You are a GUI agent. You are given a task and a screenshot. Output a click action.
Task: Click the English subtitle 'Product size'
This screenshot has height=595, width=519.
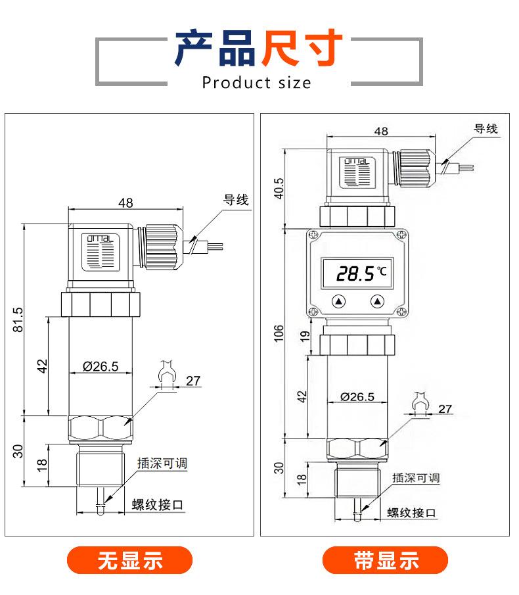[257, 82]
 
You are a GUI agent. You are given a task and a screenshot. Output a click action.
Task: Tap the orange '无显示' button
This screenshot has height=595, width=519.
[129, 560]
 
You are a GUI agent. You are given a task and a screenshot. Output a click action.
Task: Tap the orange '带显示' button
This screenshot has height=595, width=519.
[385, 560]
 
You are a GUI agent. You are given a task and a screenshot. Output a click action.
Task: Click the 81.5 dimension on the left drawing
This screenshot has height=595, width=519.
[18, 320]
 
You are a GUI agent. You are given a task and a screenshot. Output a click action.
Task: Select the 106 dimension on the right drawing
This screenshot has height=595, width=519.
[279, 333]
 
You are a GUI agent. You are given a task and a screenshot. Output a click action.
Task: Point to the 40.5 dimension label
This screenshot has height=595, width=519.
[279, 189]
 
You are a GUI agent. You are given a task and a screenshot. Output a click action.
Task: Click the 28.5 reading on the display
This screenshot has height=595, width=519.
[355, 273]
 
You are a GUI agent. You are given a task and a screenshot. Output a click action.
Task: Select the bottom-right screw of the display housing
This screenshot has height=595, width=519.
[402, 312]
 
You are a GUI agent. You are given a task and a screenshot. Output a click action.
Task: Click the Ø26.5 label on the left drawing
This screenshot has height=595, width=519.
[101, 367]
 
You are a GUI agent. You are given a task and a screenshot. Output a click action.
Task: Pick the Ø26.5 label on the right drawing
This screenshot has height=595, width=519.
[357, 397]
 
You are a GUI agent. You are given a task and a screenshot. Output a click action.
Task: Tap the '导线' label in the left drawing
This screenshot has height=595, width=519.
[236, 200]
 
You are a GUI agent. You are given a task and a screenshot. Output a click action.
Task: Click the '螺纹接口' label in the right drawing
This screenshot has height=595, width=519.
[411, 513]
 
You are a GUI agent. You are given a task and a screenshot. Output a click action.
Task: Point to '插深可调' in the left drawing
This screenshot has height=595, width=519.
[162, 463]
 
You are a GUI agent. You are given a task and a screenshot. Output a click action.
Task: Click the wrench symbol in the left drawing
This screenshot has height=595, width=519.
[167, 372]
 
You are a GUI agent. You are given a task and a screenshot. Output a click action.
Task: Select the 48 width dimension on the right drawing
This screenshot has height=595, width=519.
[381, 131]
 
